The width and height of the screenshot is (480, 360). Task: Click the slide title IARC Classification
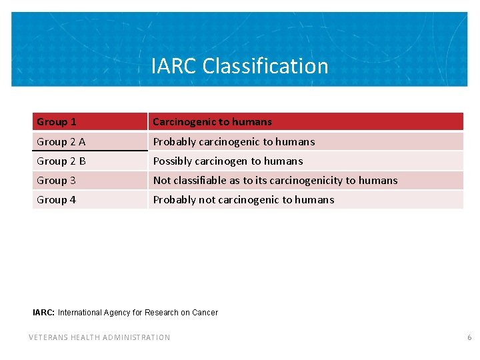(239, 66)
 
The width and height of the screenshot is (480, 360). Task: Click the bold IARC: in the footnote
(43, 312)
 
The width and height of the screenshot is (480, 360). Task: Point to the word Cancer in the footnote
(205, 312)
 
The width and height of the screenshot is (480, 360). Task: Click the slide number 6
(469, 337)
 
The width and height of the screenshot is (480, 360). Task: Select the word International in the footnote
(79, 312)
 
